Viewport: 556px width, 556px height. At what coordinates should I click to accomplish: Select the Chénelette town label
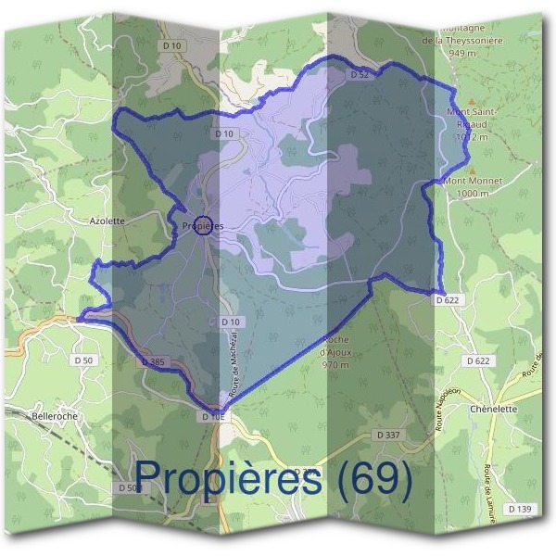coord(492,409)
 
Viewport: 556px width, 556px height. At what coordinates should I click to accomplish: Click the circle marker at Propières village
coord(203,225)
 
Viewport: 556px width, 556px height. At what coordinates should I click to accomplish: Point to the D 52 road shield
coord(360,73)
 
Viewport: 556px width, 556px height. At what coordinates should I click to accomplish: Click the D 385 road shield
coord(154,360)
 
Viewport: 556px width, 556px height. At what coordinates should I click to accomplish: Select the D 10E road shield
coord(213,417)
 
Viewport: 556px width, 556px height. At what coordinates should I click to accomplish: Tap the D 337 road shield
coord(388,435)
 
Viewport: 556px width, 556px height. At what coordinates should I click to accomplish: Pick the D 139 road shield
coord(519,509)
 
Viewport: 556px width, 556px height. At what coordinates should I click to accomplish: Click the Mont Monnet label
coord(466,181)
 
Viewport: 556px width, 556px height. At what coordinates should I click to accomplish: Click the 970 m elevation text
coord(335,365)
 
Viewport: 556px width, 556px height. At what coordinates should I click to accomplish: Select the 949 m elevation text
coord(461,54)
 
